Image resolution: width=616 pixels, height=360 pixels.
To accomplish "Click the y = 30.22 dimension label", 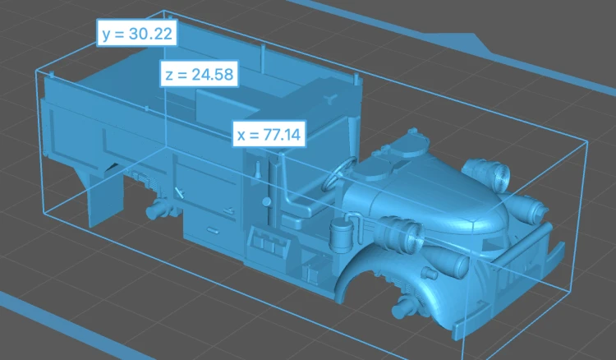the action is click(137, 33).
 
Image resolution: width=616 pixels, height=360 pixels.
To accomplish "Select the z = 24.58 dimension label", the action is click(200, 73).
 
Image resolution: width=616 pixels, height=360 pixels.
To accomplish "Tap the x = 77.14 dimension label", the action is click(269, 134).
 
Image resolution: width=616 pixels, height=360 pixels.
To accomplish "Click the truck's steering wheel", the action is click(339, 173).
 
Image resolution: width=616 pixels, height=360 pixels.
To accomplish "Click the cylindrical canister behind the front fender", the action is click(336, 238).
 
